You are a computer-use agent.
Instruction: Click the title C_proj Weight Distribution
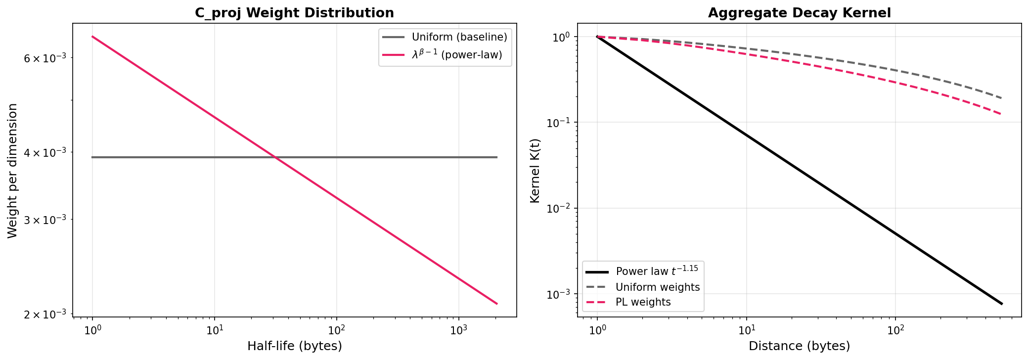[x=294, y=13]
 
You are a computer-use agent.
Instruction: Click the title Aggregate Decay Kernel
[x=799, y=13]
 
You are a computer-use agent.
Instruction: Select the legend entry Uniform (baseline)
[x=459, y=37]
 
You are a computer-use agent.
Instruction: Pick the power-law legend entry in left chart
[x=456, y=55]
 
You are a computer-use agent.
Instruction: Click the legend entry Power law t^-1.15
[x=656, y=271]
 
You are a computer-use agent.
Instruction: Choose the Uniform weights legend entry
[x=657, y=287]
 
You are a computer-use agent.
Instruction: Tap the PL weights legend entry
[x=643, y=302]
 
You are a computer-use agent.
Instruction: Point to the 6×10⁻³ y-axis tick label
[x=45, y=58]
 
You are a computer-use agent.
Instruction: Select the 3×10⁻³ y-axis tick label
[x=45, y=220]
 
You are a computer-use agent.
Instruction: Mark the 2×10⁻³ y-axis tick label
[x=45, y=315]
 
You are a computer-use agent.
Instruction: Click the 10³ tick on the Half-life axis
[x=458, y=330]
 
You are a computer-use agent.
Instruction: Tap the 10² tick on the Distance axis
[x=895, y=330]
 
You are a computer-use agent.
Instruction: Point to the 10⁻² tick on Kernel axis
[x=558, y=208]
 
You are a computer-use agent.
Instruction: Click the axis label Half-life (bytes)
[x=294, y=346]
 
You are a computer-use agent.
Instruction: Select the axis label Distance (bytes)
[x=799, y=346]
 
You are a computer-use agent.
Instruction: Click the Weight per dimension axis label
[x=13, y=171]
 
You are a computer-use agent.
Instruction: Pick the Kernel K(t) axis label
[x=535, y=171]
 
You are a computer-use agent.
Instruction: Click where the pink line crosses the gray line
[x=275, y=157]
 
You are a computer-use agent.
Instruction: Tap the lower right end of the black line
[x=1002, y=304]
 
